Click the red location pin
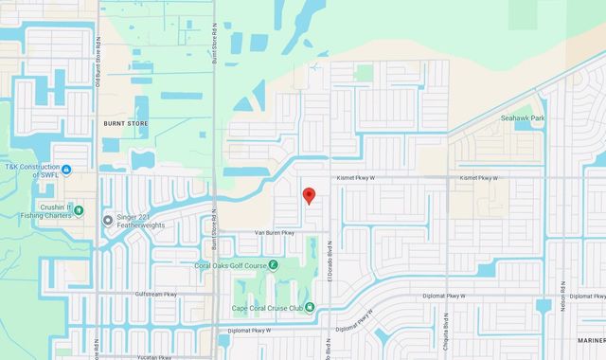(308, 195)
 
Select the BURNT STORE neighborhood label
(125, 123)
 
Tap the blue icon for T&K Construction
(67, 172)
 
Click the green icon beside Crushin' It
(79, 209)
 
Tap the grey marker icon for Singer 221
(107, 219)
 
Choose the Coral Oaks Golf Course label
(230, 265)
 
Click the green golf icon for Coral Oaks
(273, 265)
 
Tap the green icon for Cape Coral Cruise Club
(310, 306)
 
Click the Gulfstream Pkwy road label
(155, 295)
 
